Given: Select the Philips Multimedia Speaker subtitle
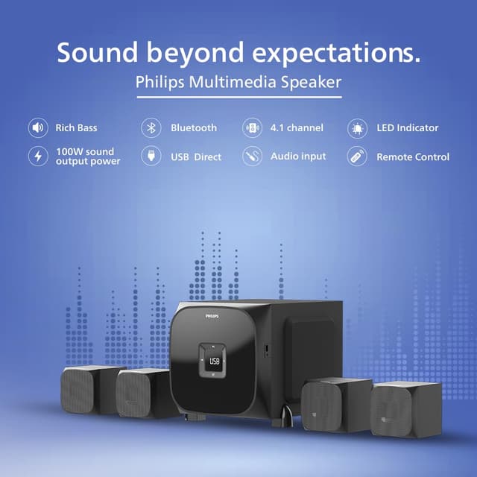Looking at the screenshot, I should point(238,82).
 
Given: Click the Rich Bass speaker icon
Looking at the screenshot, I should point(38,127).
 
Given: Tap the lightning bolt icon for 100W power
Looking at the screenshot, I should point(38,157).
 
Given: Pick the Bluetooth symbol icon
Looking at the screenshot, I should point(151,127).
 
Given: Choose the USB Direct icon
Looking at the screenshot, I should point(151,157).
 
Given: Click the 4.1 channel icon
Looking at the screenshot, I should point(253,127).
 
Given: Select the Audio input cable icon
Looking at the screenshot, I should point(253,157).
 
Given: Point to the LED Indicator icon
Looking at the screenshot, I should point(358,127).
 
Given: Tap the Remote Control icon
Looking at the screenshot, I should point(358,157).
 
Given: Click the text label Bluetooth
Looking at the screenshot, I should point(194,127).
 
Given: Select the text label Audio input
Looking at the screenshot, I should point(298,157).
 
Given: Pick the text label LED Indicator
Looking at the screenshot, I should point(407,127).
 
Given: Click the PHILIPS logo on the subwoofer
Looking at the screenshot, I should point(215,317).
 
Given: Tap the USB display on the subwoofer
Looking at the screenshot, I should point(215,361).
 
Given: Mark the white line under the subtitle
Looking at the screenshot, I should point(238,97).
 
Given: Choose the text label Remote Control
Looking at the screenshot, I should point(412,157).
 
